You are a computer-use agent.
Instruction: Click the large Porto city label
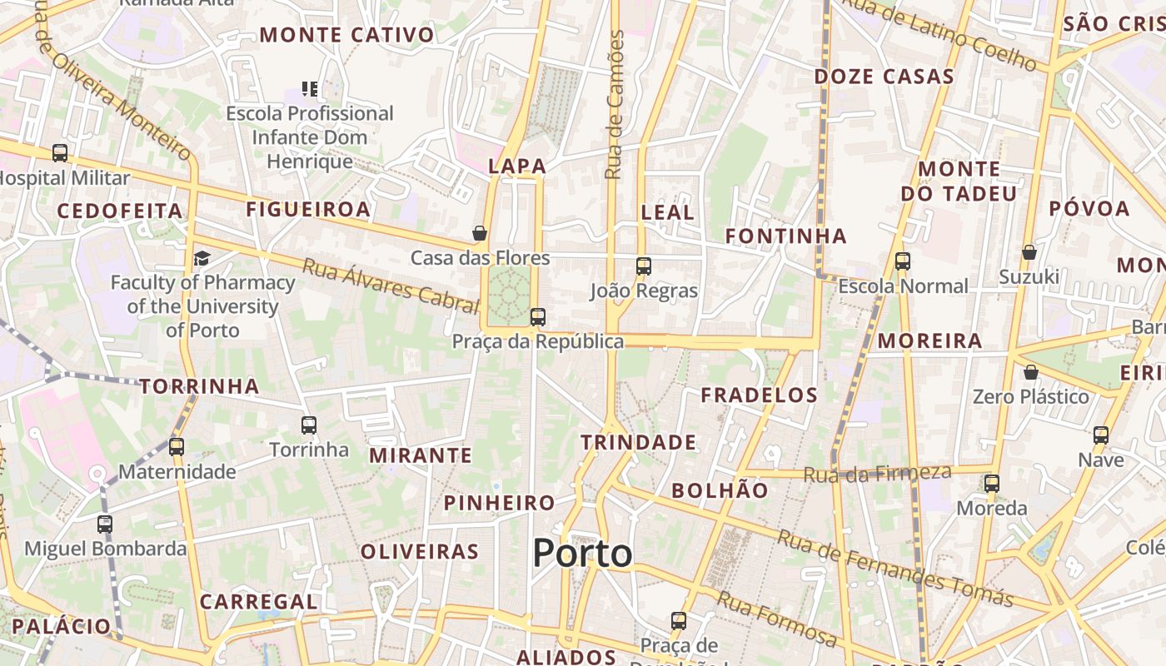[582, 554]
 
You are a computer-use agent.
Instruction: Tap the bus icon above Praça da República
[538, 316]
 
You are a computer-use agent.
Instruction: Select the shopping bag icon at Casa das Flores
[480, 233]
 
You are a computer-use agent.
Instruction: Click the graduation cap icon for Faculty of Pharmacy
[202, 258]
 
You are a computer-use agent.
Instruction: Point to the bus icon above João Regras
[644, 266]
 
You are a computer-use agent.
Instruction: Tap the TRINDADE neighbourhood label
[638, 442]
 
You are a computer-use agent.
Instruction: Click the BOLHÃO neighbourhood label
[720, 490]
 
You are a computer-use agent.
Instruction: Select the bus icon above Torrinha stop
[309, 425]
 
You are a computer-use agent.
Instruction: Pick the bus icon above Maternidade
[177, 447]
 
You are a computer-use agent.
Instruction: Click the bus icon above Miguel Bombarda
[105, 524]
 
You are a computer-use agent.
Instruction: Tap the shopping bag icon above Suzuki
[1029, 251]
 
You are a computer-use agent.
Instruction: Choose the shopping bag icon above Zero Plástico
[1031, 371]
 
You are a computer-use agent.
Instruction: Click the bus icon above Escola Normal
[903, 261]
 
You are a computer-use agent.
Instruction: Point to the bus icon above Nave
[1101, 435]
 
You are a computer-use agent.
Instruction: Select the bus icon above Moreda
[991, 483]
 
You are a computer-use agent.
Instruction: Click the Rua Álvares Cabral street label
[391, 286]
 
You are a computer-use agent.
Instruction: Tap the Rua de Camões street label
[615, 105]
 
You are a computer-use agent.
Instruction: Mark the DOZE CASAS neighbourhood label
[884, 77]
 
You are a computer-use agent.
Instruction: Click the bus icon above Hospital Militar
[60, 153]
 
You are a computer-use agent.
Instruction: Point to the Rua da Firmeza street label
[877, 474]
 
